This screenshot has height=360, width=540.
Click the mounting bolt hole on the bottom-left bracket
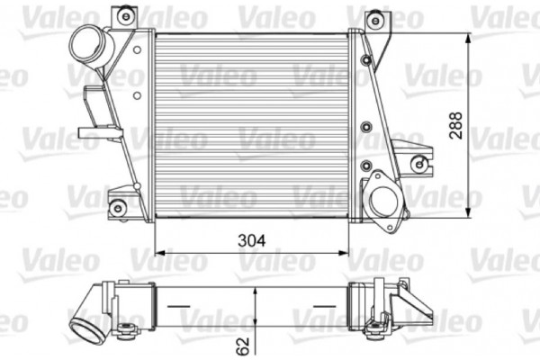click(116, 208)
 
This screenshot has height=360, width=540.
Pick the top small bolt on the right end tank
click(365, 59)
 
